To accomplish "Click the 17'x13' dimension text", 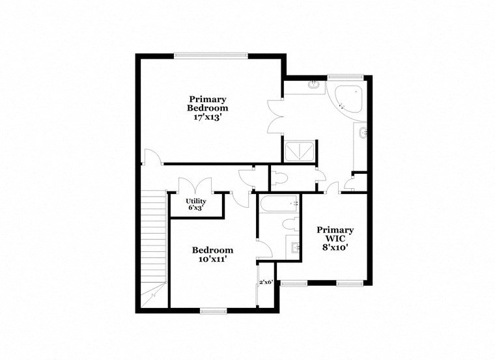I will click(208, 118).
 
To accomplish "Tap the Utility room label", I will click(196, 201).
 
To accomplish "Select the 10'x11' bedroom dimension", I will click(212, 259).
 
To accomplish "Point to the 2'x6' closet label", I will click(266, 283).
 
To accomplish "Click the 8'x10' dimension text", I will click(335, 248).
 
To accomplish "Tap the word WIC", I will click(335, 239).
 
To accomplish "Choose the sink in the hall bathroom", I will click(294, 247).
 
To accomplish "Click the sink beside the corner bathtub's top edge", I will click(314, 83).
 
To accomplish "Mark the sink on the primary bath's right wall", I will click(363, 134).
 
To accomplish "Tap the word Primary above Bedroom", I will click(208, 99).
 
